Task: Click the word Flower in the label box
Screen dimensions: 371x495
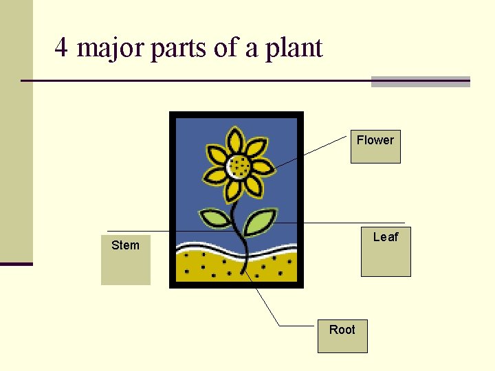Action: tap(375, 140)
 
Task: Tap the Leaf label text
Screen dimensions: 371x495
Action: tap(386, 237)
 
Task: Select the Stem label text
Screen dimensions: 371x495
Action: tap(125, 245)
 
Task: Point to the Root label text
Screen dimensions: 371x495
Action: tap(342, 330)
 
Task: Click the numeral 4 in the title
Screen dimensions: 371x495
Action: tap(61, 48)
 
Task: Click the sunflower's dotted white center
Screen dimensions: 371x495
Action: tap(239, 166)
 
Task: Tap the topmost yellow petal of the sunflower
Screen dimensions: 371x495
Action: tap(235, 139)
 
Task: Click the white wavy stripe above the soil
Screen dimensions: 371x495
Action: tap(206, 247)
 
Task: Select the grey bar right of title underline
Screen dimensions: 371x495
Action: tap(420, 82)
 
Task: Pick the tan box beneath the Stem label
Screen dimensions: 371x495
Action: tap(125, 268)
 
